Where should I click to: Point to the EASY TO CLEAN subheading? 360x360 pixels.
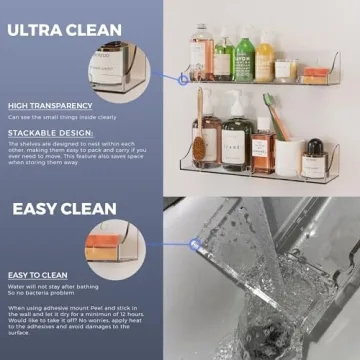(x=39, y=274)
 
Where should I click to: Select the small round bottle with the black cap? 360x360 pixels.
(x=314, y=156)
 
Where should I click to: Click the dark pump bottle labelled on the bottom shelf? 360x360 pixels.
(x=237, y=140)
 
